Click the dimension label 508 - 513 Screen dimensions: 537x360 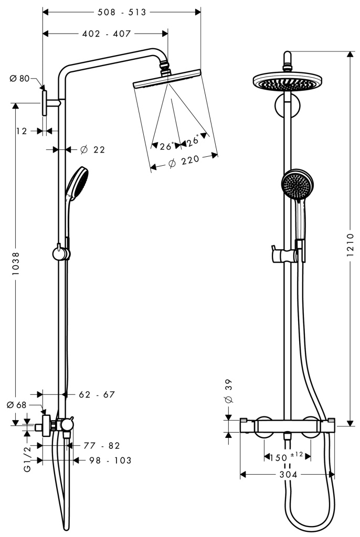tap(121, 12)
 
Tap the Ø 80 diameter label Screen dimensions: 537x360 tap(19, 79)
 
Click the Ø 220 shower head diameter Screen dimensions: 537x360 tap(181, 163)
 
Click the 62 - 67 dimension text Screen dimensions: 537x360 tap(97, 394)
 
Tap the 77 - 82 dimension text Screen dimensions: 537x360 tap(102, 446)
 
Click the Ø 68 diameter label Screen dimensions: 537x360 tap(17, 404)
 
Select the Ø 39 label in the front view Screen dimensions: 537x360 tap(228, 391)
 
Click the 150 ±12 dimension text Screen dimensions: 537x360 tap(287, 457)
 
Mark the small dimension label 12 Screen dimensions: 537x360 tap(22, 131)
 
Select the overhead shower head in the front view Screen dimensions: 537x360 tap(287, 82)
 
